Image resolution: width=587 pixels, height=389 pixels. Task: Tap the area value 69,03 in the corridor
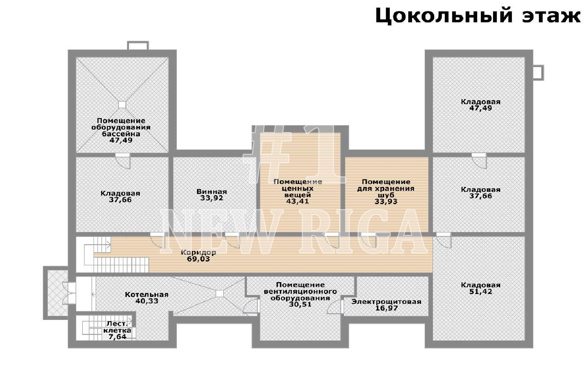coord(198,259)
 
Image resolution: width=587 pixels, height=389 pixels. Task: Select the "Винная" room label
coord(212,192)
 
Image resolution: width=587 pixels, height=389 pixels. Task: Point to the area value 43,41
coord(298,201)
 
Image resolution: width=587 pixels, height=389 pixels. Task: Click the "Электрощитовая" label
coord(386,302)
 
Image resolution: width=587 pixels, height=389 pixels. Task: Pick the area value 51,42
coord(481,291)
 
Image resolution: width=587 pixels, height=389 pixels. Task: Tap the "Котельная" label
coord(146,294)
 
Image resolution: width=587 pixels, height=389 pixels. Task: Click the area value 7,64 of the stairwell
coord(117,337)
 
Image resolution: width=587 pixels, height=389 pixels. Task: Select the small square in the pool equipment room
coord(122,105)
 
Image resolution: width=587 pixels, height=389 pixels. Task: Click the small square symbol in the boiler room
coord(220,293)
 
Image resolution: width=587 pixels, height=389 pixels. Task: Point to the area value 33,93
coord(386,201)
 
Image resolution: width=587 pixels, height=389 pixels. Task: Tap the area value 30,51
coord(300,304)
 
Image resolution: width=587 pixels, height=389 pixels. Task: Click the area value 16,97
coord(386,308)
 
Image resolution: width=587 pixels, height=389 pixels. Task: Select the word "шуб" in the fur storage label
coord(386,195)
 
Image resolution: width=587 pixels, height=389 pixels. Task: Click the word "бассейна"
coord(121,134)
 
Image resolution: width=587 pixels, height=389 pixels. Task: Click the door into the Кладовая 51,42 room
coord(444,240)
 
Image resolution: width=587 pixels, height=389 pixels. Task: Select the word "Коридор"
coord(198,252)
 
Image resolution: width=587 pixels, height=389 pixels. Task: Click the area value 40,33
coord(147,301)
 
